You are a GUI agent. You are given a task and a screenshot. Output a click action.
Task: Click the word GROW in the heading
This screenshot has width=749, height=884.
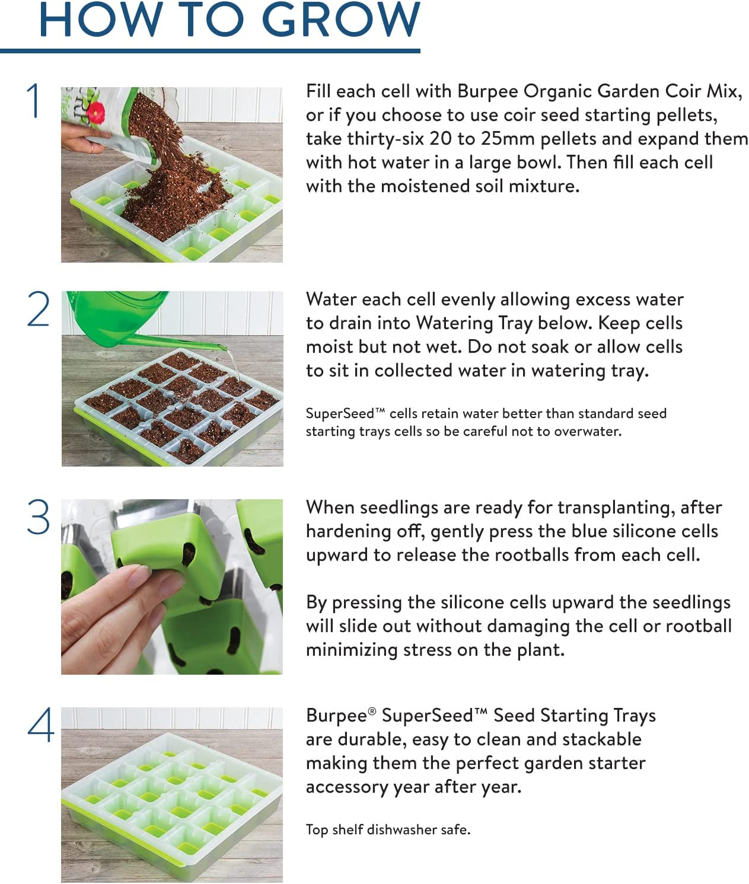(341, 20)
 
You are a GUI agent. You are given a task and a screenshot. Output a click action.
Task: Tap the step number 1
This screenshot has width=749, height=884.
(34, 101)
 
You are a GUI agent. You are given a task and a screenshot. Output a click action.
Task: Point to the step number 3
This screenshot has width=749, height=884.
(39, 517)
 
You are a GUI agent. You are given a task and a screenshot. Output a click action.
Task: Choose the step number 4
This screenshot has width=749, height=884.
(40, 725)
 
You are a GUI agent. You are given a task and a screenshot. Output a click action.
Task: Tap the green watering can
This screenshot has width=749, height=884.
(119, 314)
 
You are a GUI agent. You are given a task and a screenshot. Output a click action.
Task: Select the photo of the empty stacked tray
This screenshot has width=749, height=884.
(172, 794)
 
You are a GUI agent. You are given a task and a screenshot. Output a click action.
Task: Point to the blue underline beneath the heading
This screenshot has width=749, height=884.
(210, 51)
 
